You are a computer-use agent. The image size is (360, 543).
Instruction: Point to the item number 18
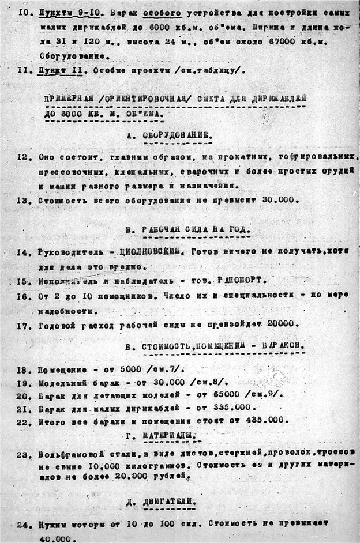pos(24,367)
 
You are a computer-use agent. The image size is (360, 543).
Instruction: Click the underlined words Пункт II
pos(55,70)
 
